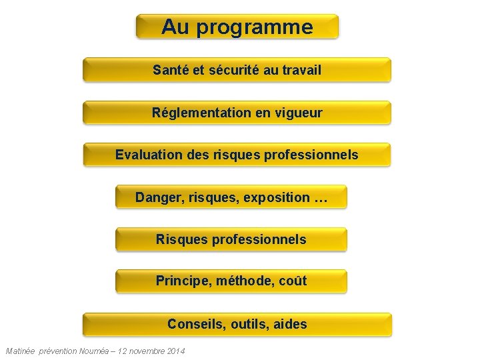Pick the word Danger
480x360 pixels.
pos(157,198)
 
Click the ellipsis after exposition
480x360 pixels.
pos(321,198)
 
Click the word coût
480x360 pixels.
pos(293,281)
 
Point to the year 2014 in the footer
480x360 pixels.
pos(174,351)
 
